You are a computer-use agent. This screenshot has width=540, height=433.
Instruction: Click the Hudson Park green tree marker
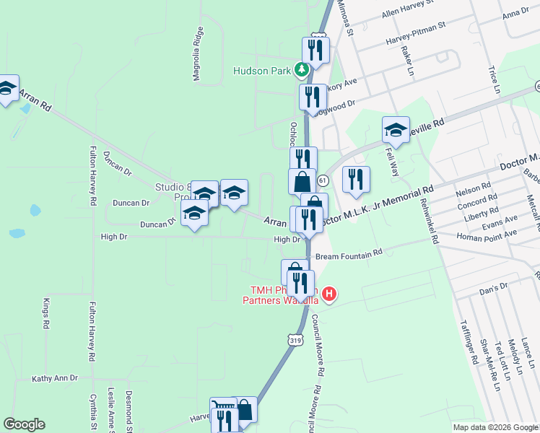[x=302, y=71]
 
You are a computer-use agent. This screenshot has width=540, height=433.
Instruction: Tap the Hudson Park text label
[x=261, y=71]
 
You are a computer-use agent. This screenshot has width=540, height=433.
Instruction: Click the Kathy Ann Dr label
[x=55, y=377]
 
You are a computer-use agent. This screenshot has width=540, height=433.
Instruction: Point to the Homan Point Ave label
[x=490, y=235]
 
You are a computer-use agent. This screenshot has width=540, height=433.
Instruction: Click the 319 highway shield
[x=295, y=339]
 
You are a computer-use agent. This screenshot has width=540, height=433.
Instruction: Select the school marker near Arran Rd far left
[x=8, y=89]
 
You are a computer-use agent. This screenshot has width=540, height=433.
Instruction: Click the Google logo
[x=24, y=424]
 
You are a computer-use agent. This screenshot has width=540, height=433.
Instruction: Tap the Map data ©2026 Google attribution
[x=495, y=427]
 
